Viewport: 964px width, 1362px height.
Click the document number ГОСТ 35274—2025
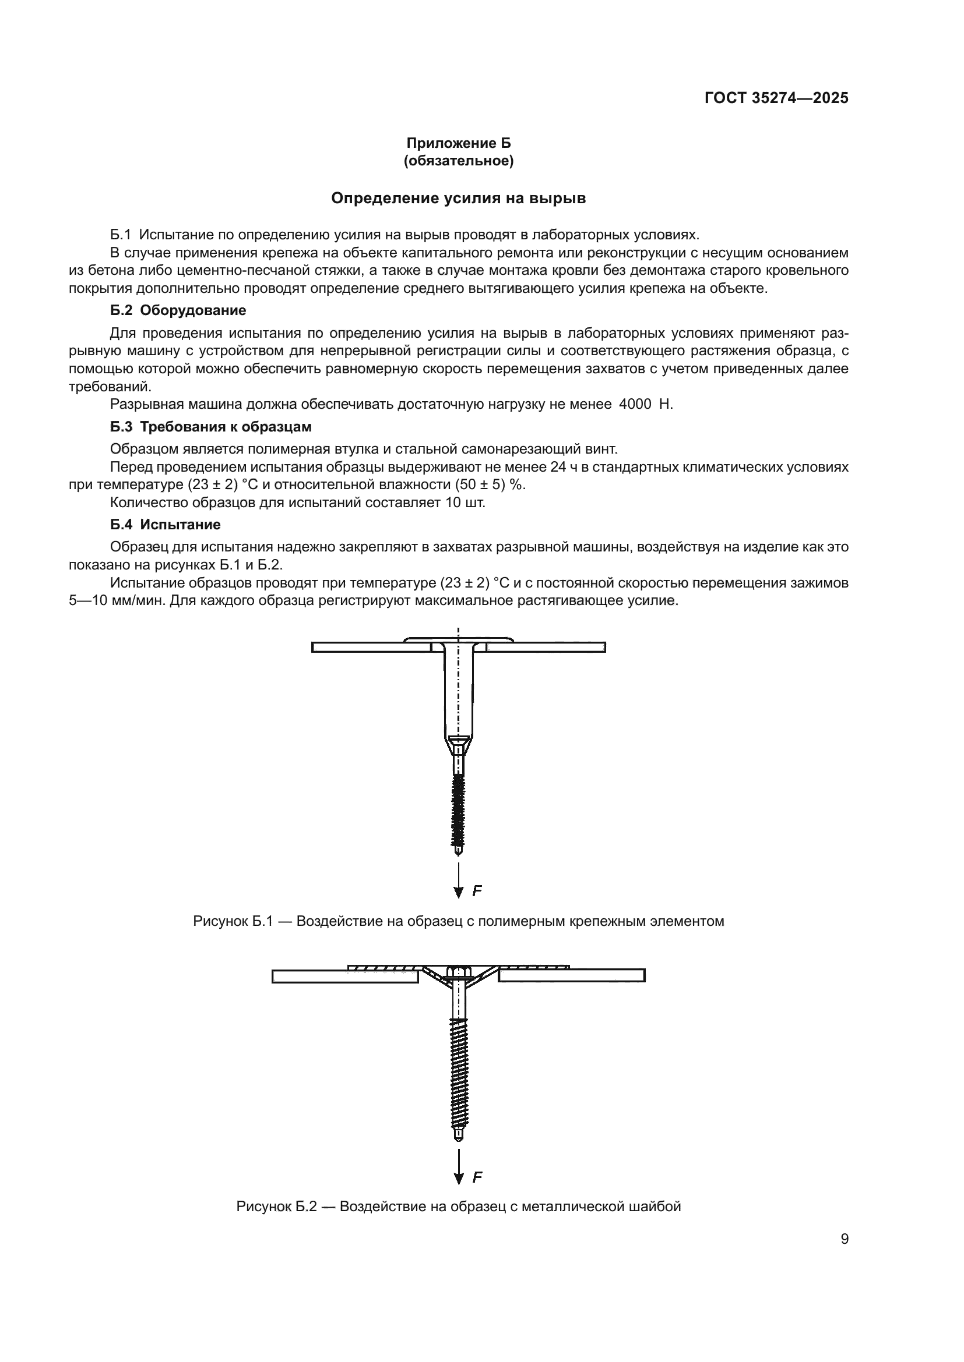(x=776, y=98)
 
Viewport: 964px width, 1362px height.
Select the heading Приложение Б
(x=458, y=143)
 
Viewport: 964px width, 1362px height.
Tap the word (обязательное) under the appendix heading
(x=458, y=161)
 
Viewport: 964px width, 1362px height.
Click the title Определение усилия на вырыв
(x=458, y=198)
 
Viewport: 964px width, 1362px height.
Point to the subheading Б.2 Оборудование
(x=178, y=310)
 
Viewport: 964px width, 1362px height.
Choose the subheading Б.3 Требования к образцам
(x=211, y=426)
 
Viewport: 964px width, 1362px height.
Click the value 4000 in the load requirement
(x=635, y=405)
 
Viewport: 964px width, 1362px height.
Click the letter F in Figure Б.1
(x=477, y=890)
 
